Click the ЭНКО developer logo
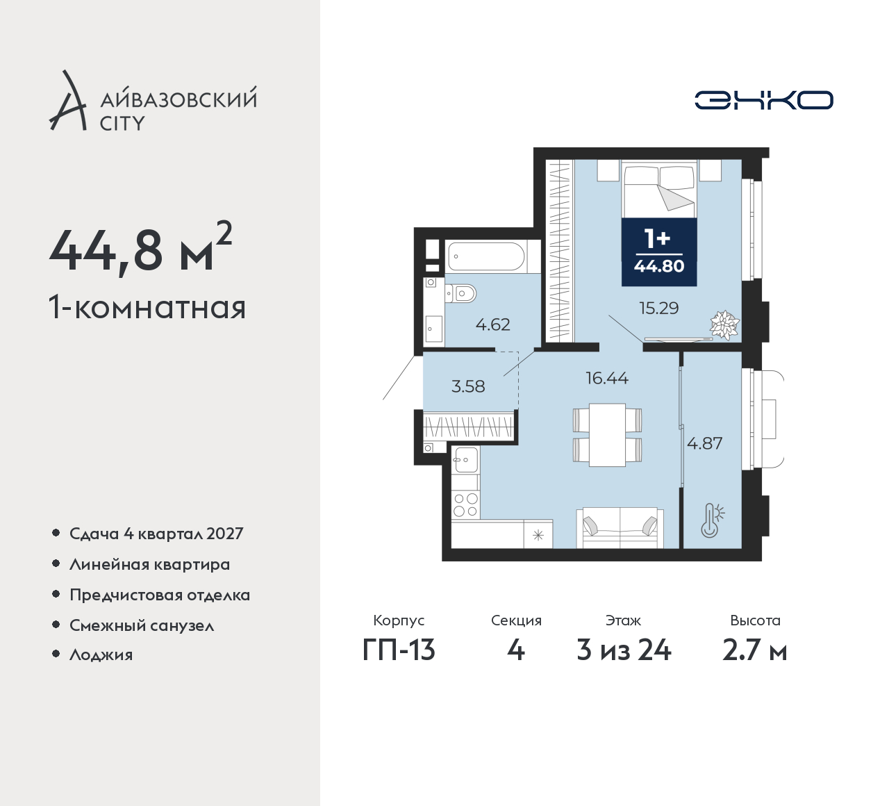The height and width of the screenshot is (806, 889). coord(763,100)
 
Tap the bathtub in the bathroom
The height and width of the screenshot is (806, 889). coord(487,256)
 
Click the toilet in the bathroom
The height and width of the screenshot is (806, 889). coord(460,293)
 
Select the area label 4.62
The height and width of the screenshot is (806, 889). coord(493,324)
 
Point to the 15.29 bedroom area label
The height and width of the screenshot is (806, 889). coord(659,308)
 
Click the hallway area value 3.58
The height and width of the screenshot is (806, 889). coord(468,386)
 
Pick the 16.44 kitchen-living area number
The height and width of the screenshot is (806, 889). coord(607,378)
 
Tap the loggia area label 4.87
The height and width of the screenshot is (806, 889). coord(705,443)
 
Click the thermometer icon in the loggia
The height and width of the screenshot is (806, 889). coord(712,520)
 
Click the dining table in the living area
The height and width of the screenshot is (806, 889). coord(607,434)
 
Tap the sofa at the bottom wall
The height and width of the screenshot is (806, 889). coord(620,527)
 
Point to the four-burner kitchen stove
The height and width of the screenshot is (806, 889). coord(465,505)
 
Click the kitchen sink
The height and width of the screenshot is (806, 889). coord(465,460)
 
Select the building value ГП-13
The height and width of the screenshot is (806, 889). coord(399,650)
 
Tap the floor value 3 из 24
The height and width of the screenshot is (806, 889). coord(624,650)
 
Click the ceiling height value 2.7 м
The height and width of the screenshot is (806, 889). coord(755,650)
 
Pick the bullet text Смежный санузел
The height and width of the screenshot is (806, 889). coord(142,625)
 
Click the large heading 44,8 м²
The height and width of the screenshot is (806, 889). coord(140,248)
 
